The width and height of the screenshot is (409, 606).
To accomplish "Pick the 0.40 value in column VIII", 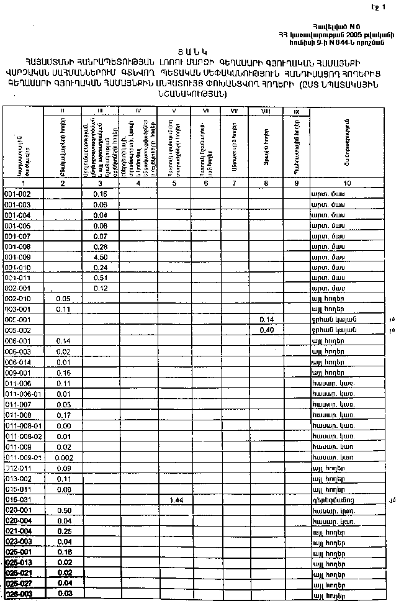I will tap(267, 330).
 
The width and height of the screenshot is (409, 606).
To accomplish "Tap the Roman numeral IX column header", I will tap(296, 111).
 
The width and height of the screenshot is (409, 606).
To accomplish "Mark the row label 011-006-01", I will tap(23, 394).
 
